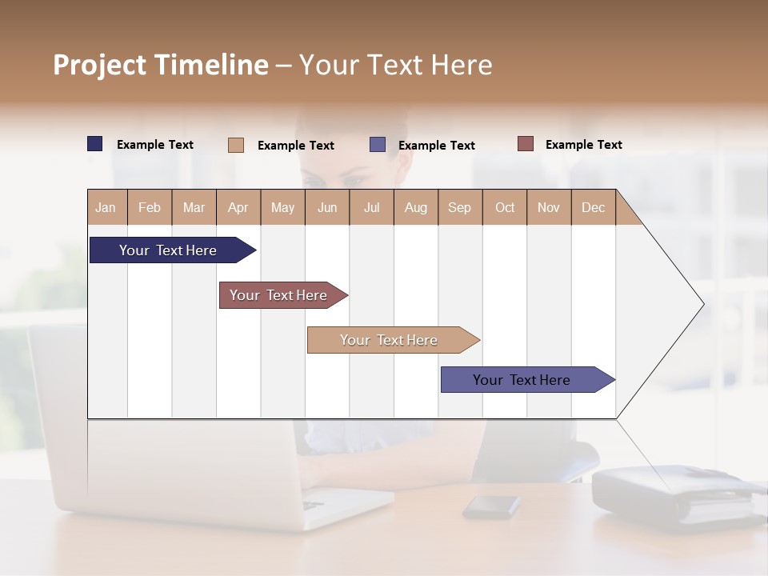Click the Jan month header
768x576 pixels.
(x=106, y=207)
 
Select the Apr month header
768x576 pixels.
(x=238, y=207)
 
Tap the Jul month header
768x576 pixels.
(x=371, y=207)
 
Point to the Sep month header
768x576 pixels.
(x=459, y=207)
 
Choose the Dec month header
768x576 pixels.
(x=593, y=207)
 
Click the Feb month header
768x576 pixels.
(x=150, y=207)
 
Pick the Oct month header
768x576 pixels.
(x=505, y=207)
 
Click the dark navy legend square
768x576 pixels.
(x=95, y=144)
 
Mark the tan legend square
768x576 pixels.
(x=236, y=145)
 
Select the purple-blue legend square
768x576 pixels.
(x=378, y=145)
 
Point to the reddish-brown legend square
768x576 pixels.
(x=526, y=144)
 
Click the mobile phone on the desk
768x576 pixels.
(x=491, y=506)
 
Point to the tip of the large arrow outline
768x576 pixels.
(x=702, y=304)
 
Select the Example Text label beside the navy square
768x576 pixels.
(x=155, y=145)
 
